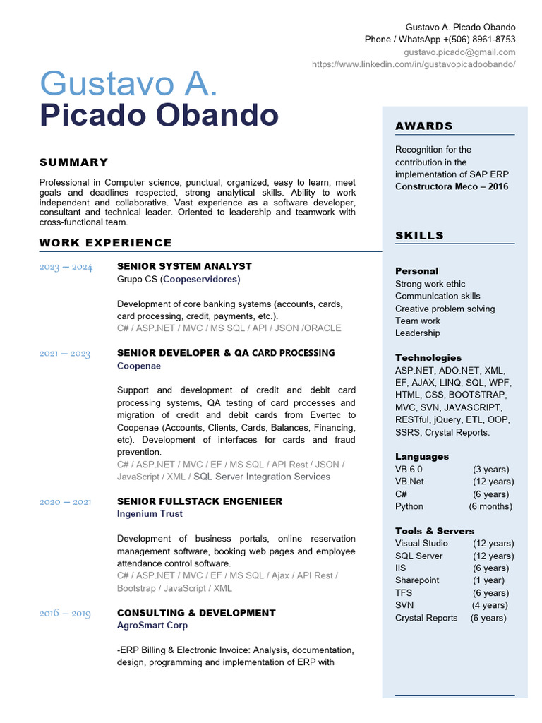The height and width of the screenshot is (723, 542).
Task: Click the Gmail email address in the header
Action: (459, 52)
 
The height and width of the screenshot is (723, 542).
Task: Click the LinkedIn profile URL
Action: (414, 64)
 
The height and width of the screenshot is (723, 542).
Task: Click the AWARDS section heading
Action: (424, 126)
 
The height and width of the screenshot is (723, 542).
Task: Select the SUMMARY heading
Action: (74, 162)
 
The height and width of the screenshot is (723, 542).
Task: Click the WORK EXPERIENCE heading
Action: (106, 243)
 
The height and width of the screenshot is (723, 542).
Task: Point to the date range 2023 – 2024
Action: (66, 267)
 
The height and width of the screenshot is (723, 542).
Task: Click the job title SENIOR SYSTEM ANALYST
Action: (184, 266)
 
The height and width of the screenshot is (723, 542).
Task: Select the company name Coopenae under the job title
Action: (139, 366)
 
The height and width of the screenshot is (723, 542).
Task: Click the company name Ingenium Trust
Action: (150, 514)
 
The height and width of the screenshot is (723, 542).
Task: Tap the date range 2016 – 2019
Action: (65, 614)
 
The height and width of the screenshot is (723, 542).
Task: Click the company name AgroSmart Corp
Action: (152, 626)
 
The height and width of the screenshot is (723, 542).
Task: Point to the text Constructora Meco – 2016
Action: (452, 186)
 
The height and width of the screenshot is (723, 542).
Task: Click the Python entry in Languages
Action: (409, 506)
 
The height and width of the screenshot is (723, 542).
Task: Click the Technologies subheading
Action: (428, 358)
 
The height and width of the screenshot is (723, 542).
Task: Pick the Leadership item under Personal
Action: (417, 333)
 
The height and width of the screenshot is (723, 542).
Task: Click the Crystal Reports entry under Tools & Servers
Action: (426, 618)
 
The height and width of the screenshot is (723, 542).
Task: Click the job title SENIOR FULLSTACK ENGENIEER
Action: (200, 501)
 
